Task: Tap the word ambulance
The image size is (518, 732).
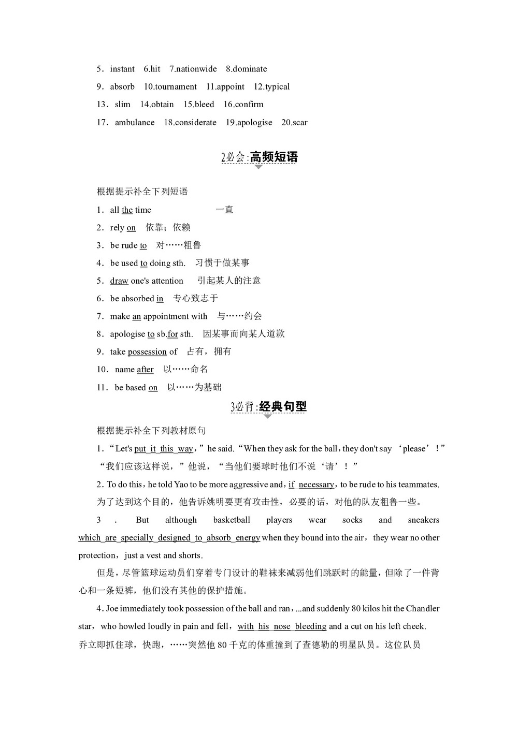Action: [135, 122]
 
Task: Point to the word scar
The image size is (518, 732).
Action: [300, 122]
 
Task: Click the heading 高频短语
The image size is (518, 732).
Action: [274, 157]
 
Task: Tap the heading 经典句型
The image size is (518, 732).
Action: [283, 406]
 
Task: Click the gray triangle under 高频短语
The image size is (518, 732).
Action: [258, 167]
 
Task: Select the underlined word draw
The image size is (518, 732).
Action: [119, 281]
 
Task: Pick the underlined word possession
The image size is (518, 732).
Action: [147, 352]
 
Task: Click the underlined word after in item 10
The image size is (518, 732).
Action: [145, 369]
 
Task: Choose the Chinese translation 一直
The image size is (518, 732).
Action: [224, 210]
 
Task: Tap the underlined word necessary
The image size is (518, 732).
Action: [316, 485]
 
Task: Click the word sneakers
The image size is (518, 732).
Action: [423, 520]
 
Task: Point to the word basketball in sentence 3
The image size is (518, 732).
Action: [232, 520]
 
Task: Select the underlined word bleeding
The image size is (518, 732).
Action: [310, 626]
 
